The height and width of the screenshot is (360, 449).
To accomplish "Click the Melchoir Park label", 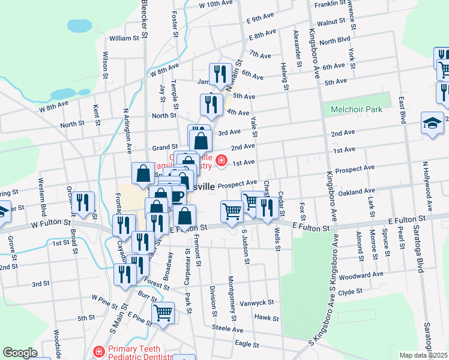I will pyautogui.click(x=357, y=110).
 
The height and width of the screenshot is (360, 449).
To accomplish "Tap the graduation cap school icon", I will pyautogui.click(x=432, y=123).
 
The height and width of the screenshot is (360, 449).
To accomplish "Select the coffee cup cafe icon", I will pyautogui.click(x=176, y=196).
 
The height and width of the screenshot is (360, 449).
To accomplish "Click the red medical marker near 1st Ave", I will pyautogui.click(x=221, y=160).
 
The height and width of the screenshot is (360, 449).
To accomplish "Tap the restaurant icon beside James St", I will pyautogui.click(x=220, y=74).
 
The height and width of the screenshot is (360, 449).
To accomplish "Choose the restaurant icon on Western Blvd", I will pyautogui.click(x=83, y=202).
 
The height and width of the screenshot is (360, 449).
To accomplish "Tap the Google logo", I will pyautogui.click(x=20, y=353).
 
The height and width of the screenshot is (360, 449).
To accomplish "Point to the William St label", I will pyautogui.click(x=124, y=38).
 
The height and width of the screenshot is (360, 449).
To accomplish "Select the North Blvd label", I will pyautogui.click(x=334, y=41).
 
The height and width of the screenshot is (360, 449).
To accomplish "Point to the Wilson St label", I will pyautogui.click(x=105, y=65).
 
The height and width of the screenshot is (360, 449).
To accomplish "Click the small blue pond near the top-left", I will pyautogui.click(x=80, y=26).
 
